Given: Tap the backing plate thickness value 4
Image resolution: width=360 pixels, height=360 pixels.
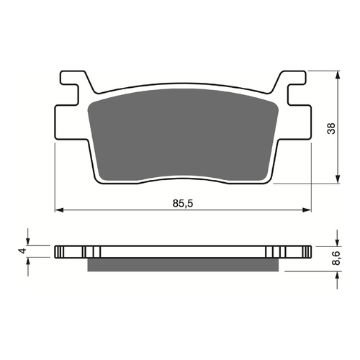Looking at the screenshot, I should [x=22, y=251].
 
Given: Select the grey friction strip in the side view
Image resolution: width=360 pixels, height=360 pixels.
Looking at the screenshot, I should [x=182, y=265].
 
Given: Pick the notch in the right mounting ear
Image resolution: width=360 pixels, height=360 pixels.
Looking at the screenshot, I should [x=296, y=94].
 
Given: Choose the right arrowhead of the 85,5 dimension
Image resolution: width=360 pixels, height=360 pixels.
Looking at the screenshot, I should [x=309, y=211].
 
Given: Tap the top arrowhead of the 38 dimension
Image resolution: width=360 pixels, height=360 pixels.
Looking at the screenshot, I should [x=338, y=73].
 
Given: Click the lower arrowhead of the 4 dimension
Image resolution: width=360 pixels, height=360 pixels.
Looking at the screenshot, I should [x=29, y=261].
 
